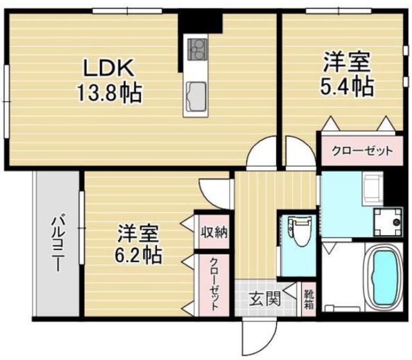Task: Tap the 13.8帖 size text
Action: (108, 95)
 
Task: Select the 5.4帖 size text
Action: (347, 86)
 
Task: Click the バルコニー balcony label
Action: (57, 245)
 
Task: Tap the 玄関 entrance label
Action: (265, 299)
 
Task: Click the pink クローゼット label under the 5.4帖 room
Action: (362, 151)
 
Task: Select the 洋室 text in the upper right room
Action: (346, 62)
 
